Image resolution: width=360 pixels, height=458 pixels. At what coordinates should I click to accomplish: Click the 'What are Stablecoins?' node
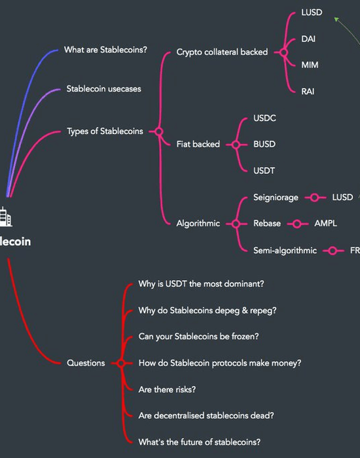click(x=105, y=50)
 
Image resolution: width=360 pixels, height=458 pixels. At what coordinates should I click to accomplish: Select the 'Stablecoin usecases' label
click(x=103, y=89)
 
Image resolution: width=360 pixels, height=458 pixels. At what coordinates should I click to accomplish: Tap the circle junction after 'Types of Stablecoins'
click(x=158, y=132)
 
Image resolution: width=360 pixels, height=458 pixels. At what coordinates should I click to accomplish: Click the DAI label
click(x=308, y=39)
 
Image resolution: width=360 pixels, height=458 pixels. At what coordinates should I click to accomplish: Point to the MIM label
click(x=310, y=65)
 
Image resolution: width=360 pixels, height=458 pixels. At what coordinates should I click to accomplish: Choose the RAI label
click(x=308, y=92)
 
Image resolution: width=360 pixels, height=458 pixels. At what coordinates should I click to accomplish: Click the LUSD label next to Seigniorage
click(x=342, y=198)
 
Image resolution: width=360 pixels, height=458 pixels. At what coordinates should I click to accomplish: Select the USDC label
click(x=264, y=118)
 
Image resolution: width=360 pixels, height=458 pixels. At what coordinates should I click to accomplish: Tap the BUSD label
click(x=264, y=145)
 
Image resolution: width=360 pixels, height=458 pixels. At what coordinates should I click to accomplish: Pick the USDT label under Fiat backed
click(x=264, y=171)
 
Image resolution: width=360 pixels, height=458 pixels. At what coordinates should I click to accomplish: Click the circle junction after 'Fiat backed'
click(x=236, y=145)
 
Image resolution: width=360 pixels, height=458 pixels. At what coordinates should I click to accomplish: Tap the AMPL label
click(x=325, y=224)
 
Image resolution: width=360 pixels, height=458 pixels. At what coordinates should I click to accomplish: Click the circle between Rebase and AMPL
click(x=297, y=224)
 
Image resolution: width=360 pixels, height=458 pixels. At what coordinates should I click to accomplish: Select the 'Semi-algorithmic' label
click(x=285, y=251)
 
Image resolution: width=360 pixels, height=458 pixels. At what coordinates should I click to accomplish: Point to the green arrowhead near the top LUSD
click(x=336, y=19)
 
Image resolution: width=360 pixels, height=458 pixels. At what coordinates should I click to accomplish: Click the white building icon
click(x=5, y=217)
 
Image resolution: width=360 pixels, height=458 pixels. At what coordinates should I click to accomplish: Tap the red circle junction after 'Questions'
click(x=121, y=363)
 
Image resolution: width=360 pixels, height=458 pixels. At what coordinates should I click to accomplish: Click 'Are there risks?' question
click(x=167, y=390)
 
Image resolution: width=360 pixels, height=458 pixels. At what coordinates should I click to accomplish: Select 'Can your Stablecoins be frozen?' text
click(x=199, y=336)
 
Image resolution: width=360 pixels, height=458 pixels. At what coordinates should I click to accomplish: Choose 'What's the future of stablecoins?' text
click(x=199, y=442)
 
